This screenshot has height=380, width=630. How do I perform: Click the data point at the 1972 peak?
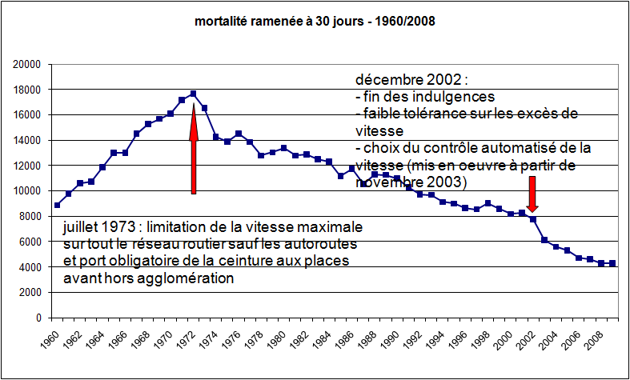point(193,94)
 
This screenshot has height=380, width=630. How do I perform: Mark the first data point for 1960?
point(57,205)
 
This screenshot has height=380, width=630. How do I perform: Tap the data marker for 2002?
point(532,219)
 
